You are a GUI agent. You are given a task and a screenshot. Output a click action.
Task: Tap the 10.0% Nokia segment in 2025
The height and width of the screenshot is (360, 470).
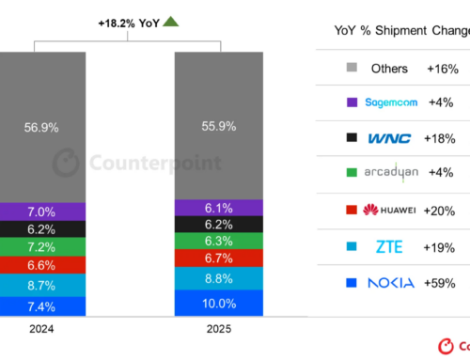pyautogui.click(x=217, y=303)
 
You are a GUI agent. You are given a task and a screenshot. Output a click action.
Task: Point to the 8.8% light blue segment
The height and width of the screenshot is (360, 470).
pyautogui.click(x=217, y=277)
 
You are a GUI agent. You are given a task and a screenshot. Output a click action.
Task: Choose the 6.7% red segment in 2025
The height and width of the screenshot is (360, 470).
pyautogui.click(x=217, y=258)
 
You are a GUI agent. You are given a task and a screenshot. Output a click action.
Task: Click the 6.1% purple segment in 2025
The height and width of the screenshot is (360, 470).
pyautogui.click(x=217, y=208)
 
